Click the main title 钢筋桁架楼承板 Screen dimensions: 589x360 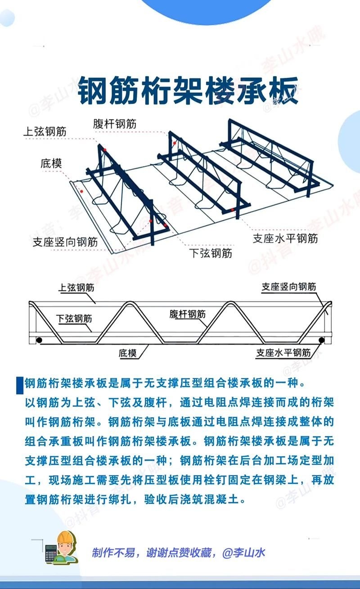point(188,90)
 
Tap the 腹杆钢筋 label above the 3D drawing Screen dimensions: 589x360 point(115,123)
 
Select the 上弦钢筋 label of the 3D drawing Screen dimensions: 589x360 point(45,131)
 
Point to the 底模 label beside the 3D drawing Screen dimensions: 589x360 point(51,163)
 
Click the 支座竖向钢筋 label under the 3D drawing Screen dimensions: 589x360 point(65,242)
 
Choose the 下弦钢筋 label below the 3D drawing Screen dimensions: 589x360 point(210,253)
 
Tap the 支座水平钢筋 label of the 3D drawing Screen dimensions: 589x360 point(285,238)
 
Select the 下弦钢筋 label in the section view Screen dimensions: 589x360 point(74,319)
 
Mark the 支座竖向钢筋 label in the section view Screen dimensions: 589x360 point(289,287)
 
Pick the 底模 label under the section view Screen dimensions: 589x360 point(128,353)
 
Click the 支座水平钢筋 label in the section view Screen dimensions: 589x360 point(283,353)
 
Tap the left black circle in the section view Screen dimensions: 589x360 point(39,340)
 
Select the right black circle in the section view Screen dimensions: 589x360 point(321,340)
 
